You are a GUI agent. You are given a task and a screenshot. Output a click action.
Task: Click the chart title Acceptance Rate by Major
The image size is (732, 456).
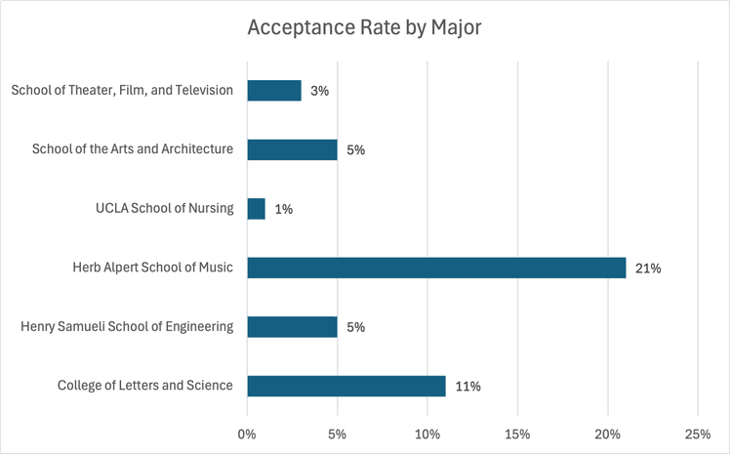click(364, 27)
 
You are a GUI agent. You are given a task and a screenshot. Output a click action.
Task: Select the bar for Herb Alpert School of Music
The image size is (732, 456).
click(436, 268)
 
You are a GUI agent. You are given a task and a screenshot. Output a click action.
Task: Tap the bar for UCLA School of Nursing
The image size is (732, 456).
click(256, 209)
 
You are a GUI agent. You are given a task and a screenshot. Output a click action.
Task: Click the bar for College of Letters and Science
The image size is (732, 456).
click(346, 386)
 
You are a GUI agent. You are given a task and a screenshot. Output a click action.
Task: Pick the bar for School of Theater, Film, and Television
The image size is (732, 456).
click(274, 91)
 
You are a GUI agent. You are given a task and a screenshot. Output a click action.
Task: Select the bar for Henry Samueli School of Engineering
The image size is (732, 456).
click(292, 326)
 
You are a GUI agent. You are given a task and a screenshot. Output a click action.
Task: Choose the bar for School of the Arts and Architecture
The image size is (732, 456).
click(292, 149)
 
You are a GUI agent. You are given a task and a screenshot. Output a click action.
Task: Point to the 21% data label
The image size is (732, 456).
click(647, 268)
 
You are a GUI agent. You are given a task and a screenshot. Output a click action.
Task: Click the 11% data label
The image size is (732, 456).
click(468, 386)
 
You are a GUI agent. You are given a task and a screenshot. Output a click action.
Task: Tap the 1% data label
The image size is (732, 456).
click(284, 209)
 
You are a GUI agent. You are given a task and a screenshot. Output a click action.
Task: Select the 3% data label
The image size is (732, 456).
click(320, 91)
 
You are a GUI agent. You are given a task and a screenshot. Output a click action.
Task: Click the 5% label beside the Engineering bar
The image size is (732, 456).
click(355, 326)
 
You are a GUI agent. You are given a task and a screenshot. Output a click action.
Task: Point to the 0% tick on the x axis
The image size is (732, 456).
click(247, 433)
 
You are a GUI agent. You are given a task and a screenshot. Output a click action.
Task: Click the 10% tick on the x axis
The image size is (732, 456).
click(427, 433)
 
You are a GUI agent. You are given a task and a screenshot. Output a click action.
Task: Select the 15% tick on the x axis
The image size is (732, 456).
click(517, 433)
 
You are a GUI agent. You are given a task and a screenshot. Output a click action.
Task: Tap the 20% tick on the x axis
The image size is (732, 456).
click(608, 433)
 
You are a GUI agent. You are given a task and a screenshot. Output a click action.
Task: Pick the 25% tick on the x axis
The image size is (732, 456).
click(698, 433)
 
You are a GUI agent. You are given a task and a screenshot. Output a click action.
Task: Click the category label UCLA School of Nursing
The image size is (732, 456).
click(164, 208)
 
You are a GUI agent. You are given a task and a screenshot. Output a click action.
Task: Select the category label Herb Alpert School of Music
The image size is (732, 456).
click(152, 267)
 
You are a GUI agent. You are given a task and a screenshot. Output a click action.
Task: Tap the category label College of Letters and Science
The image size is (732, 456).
click(145, 385)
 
